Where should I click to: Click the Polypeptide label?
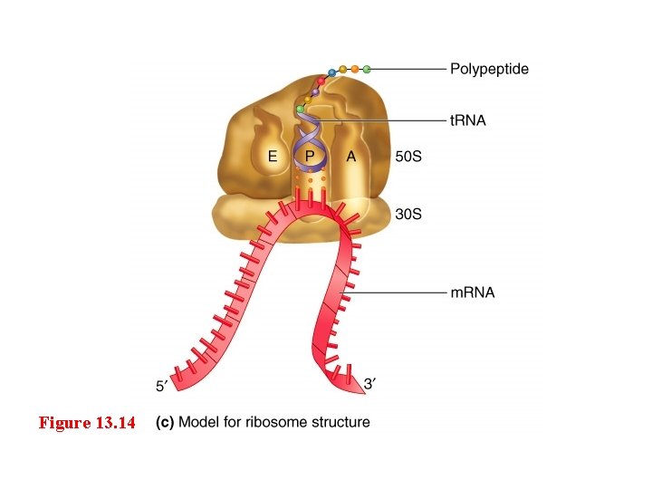(x=489, y=69)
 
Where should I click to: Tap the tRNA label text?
(x=468, y=121)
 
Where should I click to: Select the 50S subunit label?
(x=409, y=157)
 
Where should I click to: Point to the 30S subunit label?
(x=409, y=215)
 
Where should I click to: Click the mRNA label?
(x=473, y=292)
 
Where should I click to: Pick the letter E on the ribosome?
(x=271, y=157)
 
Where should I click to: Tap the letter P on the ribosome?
(x=311, y=157)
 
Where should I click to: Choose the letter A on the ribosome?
(x=351, y=157)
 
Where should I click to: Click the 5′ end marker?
(x=161, y=387)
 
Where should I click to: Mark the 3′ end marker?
(x=369, y=384)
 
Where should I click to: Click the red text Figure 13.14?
(x=87, y=423)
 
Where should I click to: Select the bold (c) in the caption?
(x=166, y=422)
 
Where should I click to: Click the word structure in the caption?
(x=341, y=422)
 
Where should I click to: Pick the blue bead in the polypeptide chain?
(x=332, y=72)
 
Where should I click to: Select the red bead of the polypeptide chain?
(x=321, y=81)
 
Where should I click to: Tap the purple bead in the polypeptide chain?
(x=314, y=92)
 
